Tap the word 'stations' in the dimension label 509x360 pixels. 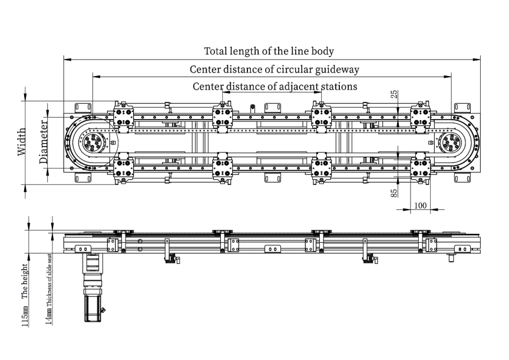(x=339, y=87)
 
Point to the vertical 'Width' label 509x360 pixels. (x=22, y=141)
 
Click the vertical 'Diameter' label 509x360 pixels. (x=44, y=141)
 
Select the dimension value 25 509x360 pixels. (x=394, y=94)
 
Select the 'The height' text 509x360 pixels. (x=25, y=282)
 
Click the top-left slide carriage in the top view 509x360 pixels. (x=123, y=117)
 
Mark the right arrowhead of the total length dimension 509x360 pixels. (x=478, y=59)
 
